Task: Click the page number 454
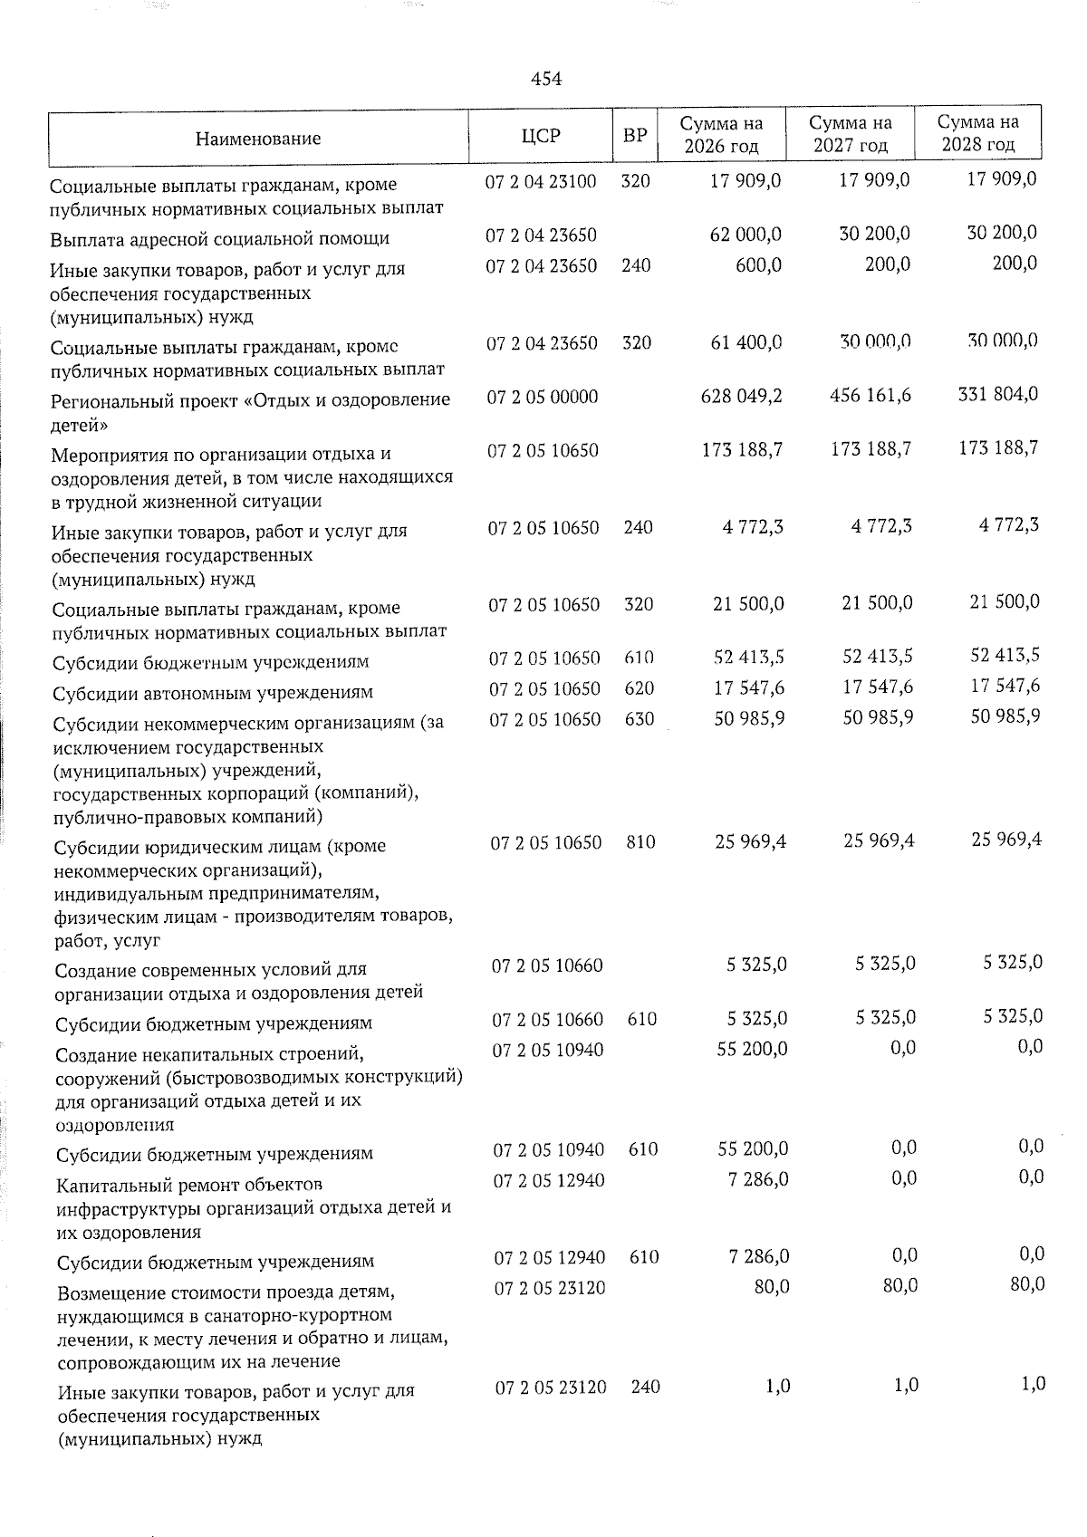[x=546, y=79]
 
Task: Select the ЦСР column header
[x=541, y=136]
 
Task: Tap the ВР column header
[x=635, y=136]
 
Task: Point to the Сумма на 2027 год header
[x=850, y=134]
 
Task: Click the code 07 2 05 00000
[x=543, y=397]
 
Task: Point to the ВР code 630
[x=640, y=718]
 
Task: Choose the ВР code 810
[x=640, y=842]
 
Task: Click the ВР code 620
[x=640, y=688]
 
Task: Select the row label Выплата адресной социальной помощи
[x=220, y=239]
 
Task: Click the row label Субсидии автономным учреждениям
[x=213, y=693]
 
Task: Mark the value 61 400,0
[x=748, y=342]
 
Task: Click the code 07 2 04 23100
[x=541, y=181]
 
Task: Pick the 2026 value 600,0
[x=758, y=265]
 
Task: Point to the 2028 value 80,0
[x=1026, y=1284]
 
